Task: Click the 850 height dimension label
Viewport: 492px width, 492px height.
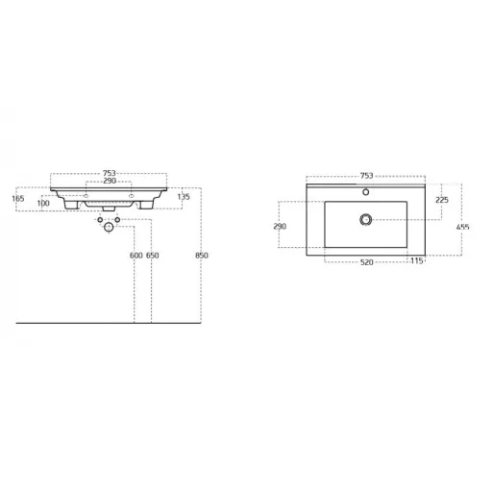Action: [202, 256]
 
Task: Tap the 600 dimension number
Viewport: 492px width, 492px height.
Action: [135, 256]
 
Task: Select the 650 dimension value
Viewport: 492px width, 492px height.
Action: [152, 256]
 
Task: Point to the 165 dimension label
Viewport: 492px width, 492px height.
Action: [18, 199]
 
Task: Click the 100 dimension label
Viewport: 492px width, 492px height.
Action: [43, 203]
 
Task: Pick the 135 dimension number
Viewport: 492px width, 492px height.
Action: [184, 197]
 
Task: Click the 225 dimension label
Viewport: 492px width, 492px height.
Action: [442, 200]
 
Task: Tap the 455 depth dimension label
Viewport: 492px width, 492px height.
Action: [463, 227]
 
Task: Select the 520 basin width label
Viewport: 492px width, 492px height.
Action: [367, 262]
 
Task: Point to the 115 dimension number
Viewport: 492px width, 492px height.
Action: [417, 261]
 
